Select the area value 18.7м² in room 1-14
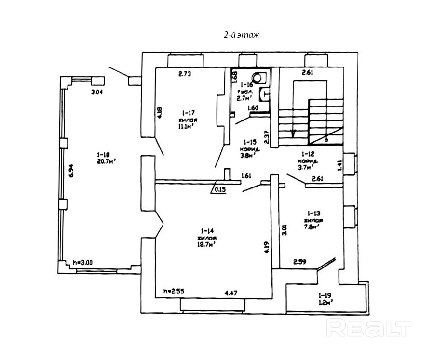coord(206,245)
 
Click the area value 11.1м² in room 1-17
coord(186,127)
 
